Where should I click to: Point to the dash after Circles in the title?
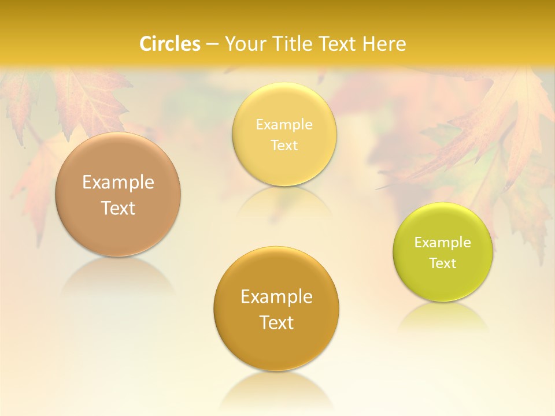click(212, 44)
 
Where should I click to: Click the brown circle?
click(118, 194)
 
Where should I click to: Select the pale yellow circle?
click(284, 135)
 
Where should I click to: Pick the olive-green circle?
click(443, 252)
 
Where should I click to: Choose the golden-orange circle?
click(276, 309)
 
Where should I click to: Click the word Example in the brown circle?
click(118, 183)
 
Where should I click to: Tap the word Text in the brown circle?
click(118, 208)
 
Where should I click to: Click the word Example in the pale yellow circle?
click(284, 125)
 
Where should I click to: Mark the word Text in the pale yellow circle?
click(284, 146)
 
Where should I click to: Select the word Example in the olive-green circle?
click(443, 243)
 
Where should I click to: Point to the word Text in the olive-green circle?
click(443, 263)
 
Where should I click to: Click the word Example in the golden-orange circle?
click(276, 297)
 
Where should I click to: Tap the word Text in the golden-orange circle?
click(276, 322)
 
